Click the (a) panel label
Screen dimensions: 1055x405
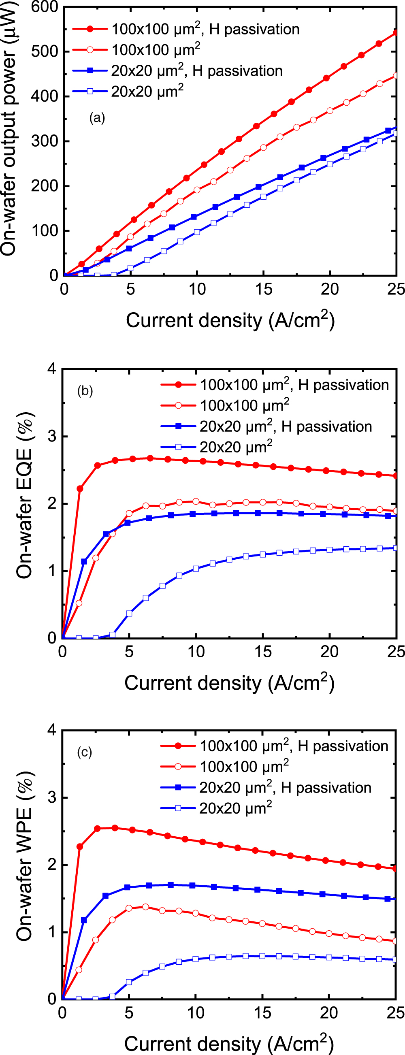pyautogui.click(x=97, y=118)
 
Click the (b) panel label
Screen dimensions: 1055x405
pyautogui.click(x=85, y=391)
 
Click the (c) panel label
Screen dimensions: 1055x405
pyautogui.click(x=84, y=752)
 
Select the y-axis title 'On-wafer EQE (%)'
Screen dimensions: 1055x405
pyautogui.click(x=25, y=496)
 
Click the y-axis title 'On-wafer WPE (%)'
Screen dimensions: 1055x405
pyautogui.click(x=25, y=856)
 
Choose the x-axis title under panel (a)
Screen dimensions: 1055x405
pyautogui.click(x=230, y=320)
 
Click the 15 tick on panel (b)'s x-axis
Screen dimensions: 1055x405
pyautogui.click(x=262, y=652)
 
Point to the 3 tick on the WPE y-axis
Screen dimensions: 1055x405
pyautogui.click(x=52, y=798)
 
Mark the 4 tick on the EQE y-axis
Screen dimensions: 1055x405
pyautogui.click(x=52, y=369)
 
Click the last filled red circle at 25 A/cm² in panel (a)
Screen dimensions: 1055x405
pyautogui.click(x=396, y=32)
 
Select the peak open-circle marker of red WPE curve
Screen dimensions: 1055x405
pyautogui.click(x=145, y=907)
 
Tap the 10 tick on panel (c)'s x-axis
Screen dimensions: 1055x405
pyautogui.click(x=196, y=1013)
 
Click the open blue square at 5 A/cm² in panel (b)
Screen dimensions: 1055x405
pyautogui.click(x=130, y=613)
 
